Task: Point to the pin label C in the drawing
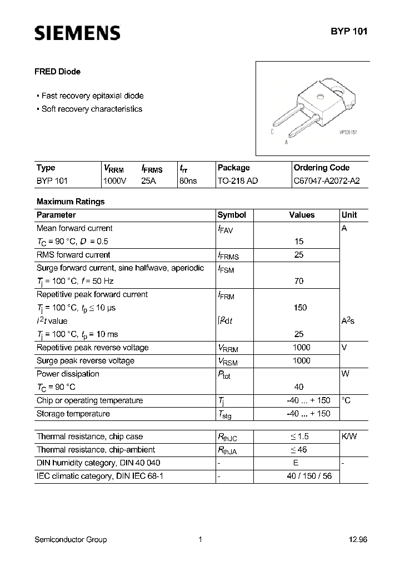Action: click(x=272, y=132)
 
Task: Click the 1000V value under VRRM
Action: click(x=115, y=181)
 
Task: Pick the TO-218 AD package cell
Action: click(x=238, y=181)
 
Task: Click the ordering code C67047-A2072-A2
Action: click(x=322, y=181)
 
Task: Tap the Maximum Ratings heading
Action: click(x=71, y=202)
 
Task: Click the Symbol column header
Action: click(x=232, y=215)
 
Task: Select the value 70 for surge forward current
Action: click(x=299, y=281)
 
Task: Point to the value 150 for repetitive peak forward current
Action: click(x=300, y=308)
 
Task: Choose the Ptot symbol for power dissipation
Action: click(x=224, y=375)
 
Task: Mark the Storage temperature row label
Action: click(x=73, y=414)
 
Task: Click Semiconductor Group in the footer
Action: click(x=71, y=540)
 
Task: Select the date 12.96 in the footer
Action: click(x=357, y=540)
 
